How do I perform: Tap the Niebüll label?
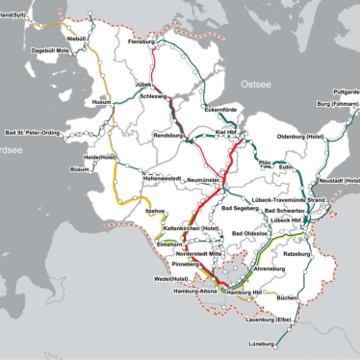(76, 38)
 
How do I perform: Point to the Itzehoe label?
(155, 211)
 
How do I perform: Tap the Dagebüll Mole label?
(51, 50)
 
